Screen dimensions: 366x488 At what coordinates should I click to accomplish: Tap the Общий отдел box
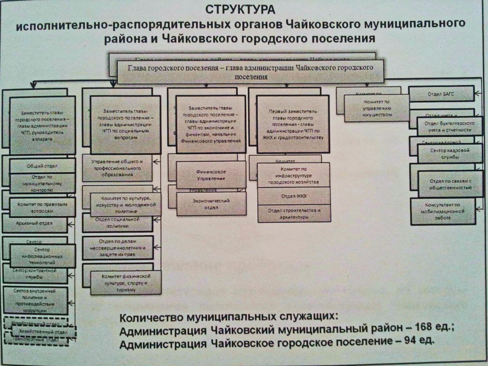pos(42,166)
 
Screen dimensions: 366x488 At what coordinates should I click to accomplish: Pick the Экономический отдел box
pos(211,204)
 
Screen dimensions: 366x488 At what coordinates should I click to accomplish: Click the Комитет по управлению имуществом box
pos(377,108)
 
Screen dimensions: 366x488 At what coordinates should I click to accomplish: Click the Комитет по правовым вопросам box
pos(42,207)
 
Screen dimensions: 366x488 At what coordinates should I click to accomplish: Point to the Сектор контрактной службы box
pos(34,274)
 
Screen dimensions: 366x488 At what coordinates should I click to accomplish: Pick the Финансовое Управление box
pos(211,175)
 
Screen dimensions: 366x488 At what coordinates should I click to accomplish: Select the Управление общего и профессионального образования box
pos(117,167)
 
